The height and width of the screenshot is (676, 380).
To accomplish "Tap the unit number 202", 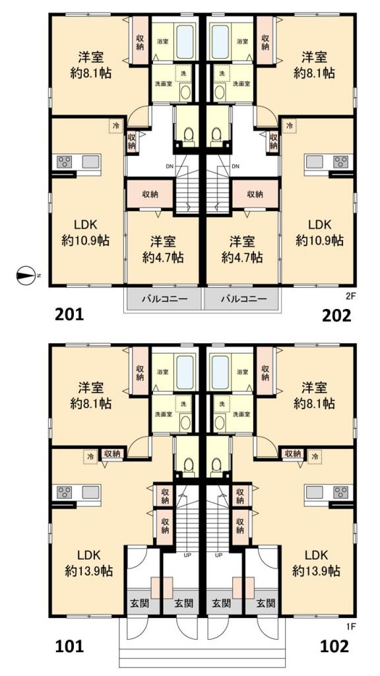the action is (337, 316).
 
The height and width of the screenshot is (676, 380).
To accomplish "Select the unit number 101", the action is (69, 646).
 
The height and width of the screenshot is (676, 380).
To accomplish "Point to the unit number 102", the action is (334, 646).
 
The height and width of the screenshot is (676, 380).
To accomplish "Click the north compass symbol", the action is (26, 275).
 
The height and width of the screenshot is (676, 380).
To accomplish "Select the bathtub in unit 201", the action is (185, 42).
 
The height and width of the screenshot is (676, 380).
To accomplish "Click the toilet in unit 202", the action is (216, 135).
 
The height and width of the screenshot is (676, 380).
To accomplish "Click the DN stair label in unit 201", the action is (170, 166).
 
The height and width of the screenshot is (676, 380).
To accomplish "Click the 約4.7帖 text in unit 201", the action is (164, 258).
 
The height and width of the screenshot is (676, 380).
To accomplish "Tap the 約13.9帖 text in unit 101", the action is (89, 572).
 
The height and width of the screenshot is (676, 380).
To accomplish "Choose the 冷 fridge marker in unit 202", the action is (290, 126).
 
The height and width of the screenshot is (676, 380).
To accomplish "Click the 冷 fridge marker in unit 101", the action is (90, 456).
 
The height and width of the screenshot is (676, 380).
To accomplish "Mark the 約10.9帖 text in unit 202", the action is (319, 240).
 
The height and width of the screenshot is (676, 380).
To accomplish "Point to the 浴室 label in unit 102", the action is (242, 372).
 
